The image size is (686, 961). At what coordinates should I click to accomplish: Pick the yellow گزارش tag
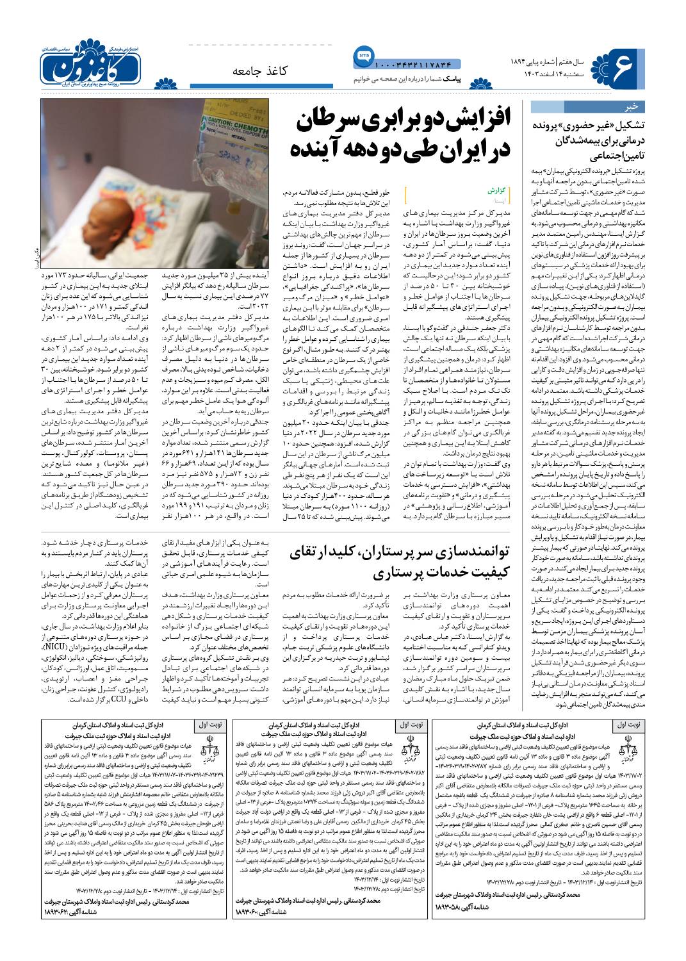pos(497,191)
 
